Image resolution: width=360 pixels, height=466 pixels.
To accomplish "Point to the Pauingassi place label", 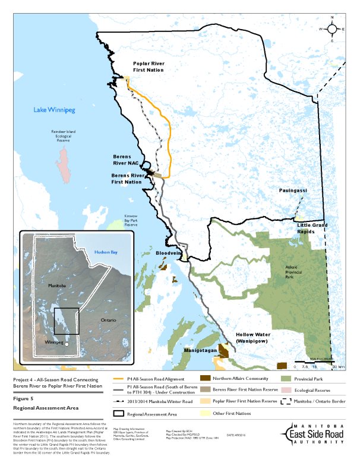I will (x=293, y=190).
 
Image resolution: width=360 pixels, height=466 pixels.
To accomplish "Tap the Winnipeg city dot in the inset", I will (x=67, y=344).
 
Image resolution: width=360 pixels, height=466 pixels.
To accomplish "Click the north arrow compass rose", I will (x=332, y=28).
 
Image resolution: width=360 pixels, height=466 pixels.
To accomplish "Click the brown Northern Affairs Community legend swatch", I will (x=205, y=378).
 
